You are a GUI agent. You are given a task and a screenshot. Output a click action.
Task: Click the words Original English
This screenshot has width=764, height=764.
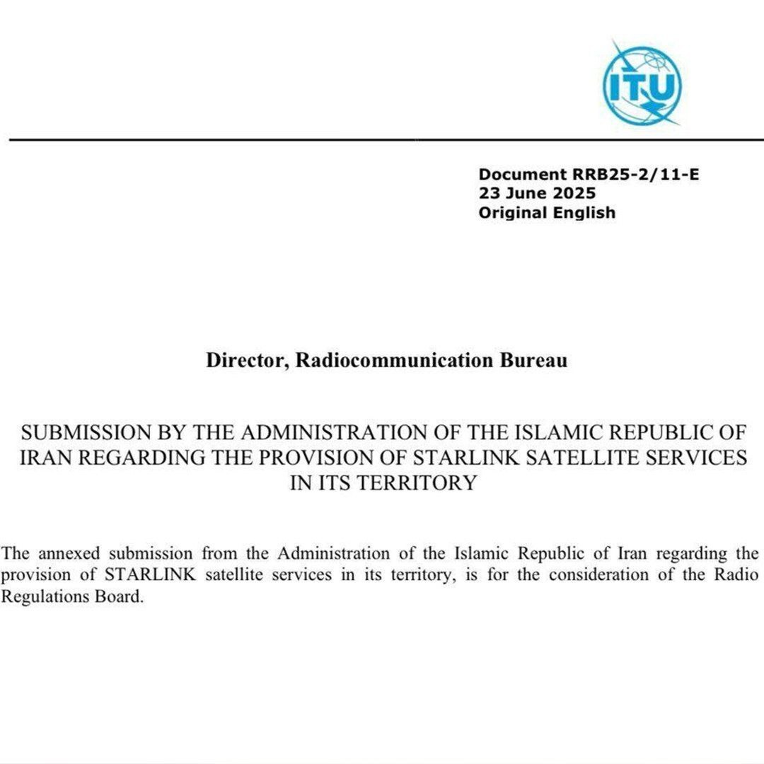tap(547, 212)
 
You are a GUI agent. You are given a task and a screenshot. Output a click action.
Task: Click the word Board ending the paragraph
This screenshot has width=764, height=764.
tap(114, 596)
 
